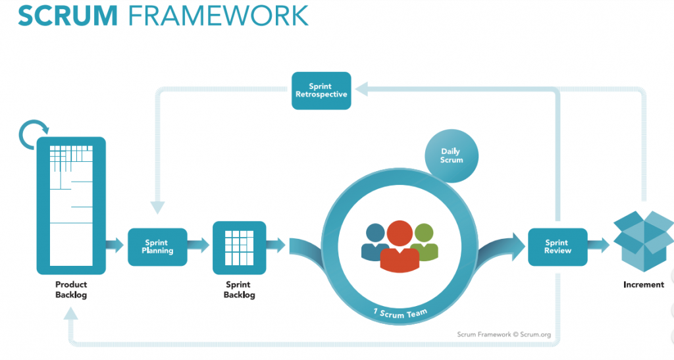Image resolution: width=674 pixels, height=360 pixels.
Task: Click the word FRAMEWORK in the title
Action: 215,16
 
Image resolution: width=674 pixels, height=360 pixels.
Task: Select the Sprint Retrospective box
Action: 321,91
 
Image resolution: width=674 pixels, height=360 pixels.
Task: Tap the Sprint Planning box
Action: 157,247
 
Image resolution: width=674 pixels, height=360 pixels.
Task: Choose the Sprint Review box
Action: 557,247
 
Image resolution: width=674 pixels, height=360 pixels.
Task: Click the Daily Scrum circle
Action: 452,156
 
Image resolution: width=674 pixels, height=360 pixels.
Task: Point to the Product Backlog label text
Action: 71,290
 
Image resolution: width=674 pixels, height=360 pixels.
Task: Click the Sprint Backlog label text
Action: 239,290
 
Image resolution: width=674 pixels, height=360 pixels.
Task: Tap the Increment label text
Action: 643,285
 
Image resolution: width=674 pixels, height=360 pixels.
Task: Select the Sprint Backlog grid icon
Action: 239,247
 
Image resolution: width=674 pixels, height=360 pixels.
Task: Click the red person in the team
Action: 400,245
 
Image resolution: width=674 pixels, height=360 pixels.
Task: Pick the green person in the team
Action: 425,241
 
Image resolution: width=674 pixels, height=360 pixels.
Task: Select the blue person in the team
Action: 374,241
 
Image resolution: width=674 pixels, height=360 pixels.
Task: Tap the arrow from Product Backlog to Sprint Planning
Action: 115,246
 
